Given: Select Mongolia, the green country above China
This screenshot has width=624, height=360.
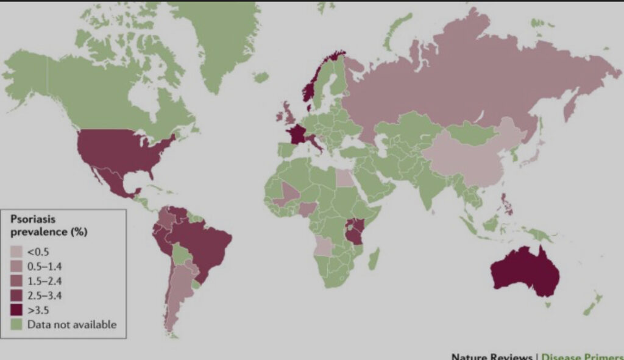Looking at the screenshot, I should click(469, 132).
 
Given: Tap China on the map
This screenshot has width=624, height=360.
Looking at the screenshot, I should click(469, 158).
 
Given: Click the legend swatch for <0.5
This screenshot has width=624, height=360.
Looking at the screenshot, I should click(18, 251).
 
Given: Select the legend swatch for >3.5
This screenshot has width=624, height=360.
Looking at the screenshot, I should click(18, 310).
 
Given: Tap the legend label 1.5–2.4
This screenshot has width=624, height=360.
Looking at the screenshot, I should click(44, 281).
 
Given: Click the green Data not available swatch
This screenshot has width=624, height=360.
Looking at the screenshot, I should click(18, 325).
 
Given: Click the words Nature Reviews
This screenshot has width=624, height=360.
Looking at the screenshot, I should click(491, 356).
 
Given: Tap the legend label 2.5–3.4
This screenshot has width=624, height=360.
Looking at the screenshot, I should click(44, 295).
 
